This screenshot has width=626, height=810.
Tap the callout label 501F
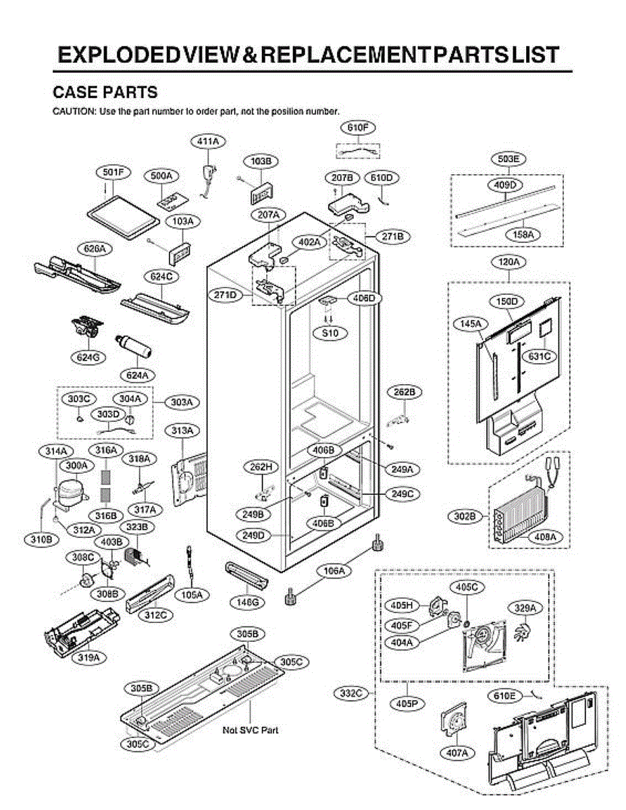pos(113,173)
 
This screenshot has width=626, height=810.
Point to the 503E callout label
pos(508,159)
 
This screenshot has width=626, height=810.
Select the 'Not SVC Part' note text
pos(251,730)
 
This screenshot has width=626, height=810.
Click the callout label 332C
pos(352,693)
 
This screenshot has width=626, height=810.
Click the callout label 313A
pos(184,430)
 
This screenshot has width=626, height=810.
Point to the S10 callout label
pos(330,333)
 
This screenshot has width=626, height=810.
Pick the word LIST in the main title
pos(532,55)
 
